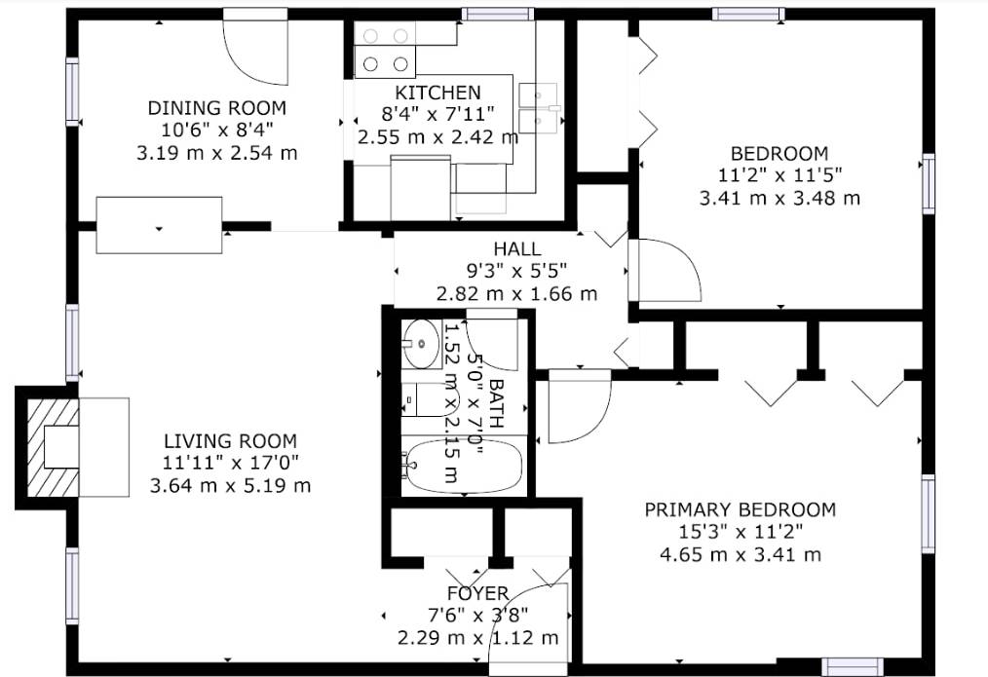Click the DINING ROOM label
click(216, 107)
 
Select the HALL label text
click(516, 249)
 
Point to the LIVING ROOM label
click(230, 440)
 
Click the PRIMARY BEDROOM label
click(741, 509)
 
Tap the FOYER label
click(477, 593)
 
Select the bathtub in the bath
click(464, 467)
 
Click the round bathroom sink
click(421, 343)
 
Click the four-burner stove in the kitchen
click(385, 50)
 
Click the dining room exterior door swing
click(256, 49)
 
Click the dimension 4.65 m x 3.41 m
click(741, 555)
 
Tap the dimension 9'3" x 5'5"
click(516, 272)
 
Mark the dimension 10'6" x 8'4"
click(216, 130)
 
